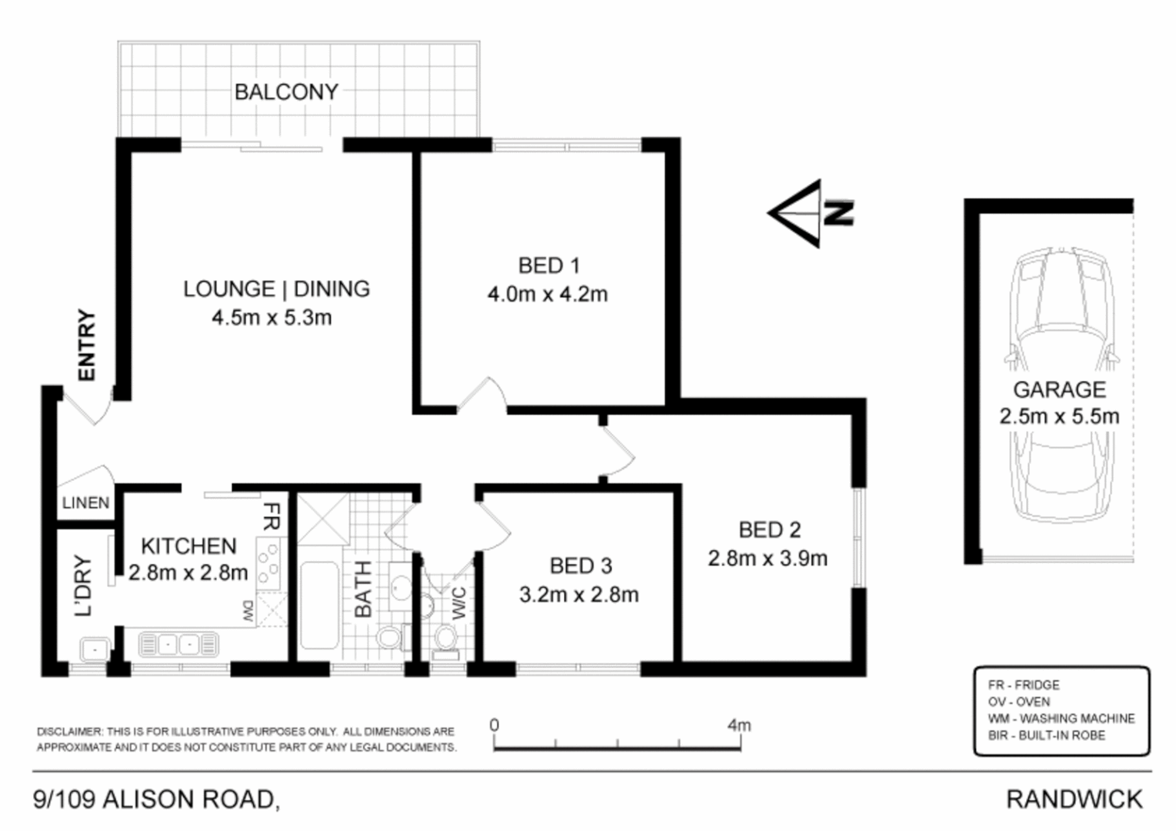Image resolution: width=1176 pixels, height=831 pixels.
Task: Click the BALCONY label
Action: pos(286,92)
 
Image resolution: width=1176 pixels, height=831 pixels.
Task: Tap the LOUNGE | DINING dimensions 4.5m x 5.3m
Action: pos(272,317)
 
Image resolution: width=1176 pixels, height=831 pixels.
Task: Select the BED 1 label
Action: pos(548,265)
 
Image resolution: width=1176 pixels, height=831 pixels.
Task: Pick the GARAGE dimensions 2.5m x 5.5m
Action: pos(1059,417)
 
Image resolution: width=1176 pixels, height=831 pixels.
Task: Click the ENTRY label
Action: pos(87,345)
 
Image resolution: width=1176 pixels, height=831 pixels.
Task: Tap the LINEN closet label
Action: pos(85,503)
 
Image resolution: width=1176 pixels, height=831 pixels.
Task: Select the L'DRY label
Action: pos(83,586)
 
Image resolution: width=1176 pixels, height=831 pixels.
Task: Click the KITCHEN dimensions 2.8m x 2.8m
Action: pos(188,572)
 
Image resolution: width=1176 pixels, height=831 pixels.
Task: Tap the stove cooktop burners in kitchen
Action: pos(268,563)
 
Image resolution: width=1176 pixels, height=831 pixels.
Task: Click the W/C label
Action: pos(458,602)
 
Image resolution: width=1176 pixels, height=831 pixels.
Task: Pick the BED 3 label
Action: pos(581,566)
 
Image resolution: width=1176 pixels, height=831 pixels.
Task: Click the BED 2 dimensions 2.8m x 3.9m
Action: pos(768,559)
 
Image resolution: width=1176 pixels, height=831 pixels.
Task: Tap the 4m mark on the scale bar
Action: pos(739,726)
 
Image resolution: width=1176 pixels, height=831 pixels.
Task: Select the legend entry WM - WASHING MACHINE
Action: pos(1061,719)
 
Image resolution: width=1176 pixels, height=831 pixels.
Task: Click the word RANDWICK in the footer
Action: pos(1074,799)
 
